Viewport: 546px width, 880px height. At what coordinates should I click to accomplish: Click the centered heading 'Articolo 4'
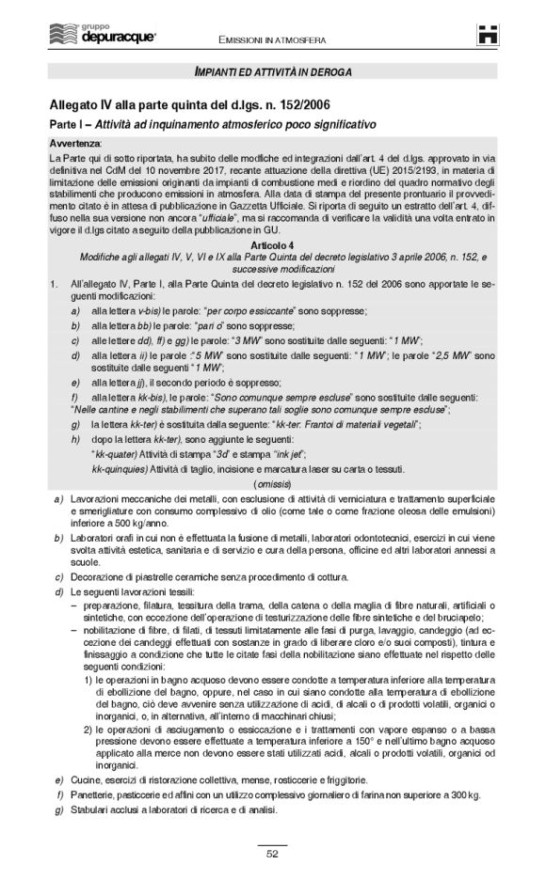[x=272, y=244]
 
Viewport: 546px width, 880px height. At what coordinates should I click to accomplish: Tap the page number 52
[x=272, y=854]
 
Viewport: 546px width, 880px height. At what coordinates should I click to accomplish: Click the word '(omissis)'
[x=272, y=481]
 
